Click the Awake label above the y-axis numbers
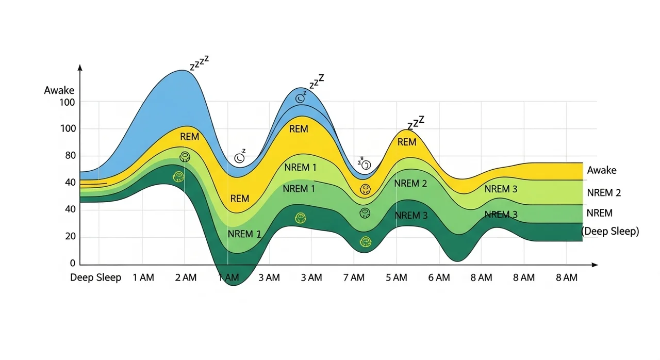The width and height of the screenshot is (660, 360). tap(59, 91)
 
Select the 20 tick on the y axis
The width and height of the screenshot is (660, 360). tap(69, 237)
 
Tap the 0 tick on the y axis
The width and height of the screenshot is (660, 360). tap(73, 264)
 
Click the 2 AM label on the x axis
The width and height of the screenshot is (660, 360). tap(186, 277)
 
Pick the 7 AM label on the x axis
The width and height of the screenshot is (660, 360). tap(354, 277)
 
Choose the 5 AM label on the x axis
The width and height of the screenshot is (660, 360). tap(396, 277)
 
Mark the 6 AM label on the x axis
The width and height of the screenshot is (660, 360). tap(439, 277)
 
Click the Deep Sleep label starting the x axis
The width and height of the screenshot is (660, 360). tap(95, 277)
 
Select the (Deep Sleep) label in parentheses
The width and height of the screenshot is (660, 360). tap(610, 232)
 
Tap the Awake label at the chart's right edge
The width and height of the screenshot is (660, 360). tap(602, 170)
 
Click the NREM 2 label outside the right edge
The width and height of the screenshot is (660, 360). tap(604, 193)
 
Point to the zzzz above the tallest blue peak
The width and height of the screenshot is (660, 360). tap(199, 63)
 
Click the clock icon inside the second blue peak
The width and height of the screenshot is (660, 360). tap(300, 97)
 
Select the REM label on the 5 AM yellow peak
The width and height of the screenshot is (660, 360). tap(407, 142)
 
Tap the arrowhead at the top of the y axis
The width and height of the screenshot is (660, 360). tap(79, 68)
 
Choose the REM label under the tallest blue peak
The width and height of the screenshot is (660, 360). tap(189, 137)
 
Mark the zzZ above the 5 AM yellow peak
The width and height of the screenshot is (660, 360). tap(416, 123)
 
